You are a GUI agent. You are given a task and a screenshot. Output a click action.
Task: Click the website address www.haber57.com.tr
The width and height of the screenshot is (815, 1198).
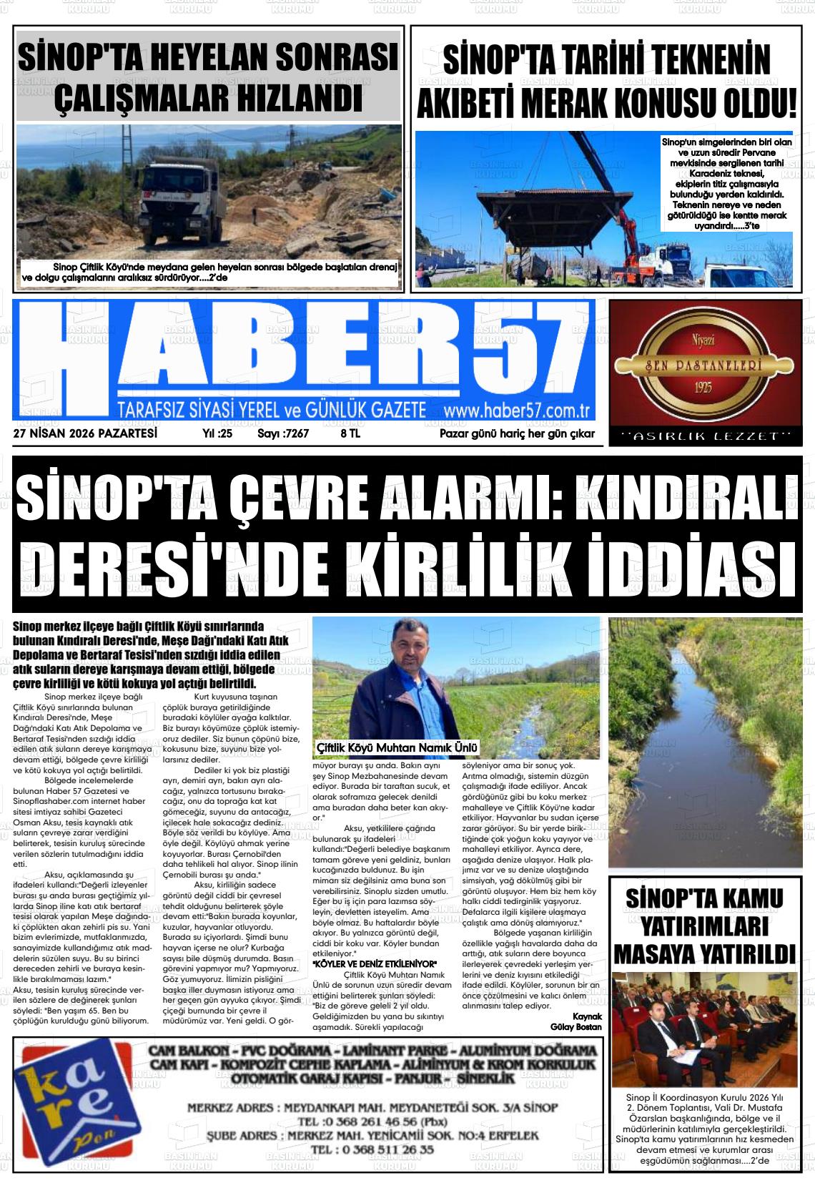click(x=515, y=411)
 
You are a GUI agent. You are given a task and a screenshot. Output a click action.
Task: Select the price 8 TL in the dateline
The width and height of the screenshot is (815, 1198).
click(x=350, y=433)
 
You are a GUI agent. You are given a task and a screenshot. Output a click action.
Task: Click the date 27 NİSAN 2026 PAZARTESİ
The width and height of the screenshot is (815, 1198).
click(x=85, y=433)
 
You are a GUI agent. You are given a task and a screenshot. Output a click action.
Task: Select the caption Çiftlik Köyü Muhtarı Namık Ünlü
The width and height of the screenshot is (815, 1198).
click(x=396, y=748)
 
